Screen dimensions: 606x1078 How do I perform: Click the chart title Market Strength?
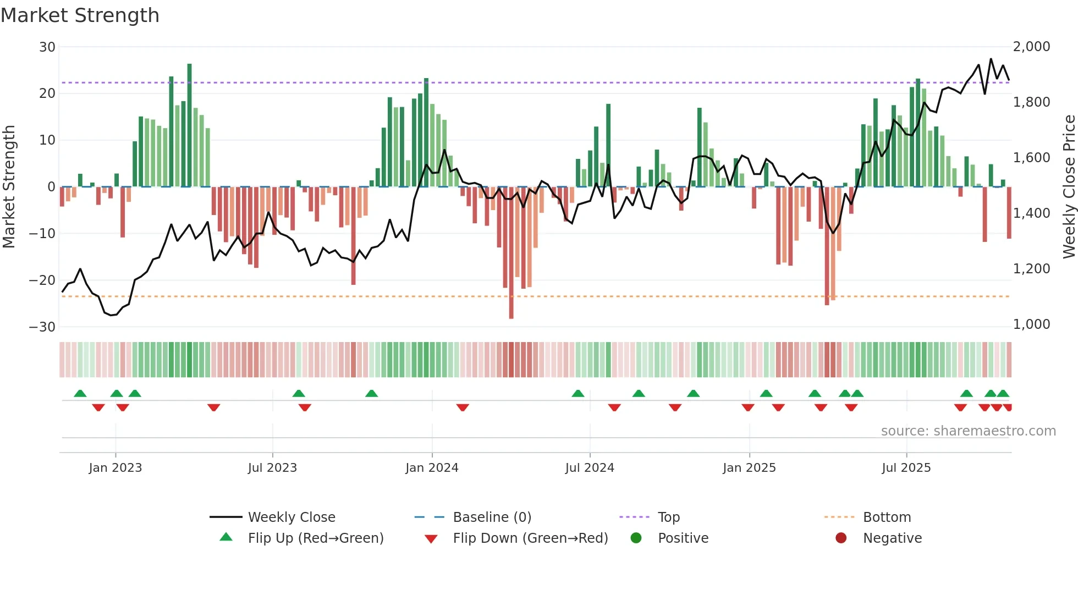point(80,15)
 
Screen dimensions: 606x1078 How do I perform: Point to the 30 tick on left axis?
point(47,47)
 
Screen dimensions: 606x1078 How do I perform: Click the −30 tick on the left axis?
point(42,327)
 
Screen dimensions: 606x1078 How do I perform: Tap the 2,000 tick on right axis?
point(1031,47)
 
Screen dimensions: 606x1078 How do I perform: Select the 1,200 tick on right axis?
point(1031,269)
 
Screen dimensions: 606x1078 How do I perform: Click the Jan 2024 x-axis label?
point(432,468)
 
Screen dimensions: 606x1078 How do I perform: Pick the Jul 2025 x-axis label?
point(906,468)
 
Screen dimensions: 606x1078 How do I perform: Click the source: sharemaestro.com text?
point(968,431)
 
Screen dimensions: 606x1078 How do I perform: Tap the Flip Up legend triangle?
point(226,537)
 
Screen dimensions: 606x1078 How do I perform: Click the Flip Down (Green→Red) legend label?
point(530,538)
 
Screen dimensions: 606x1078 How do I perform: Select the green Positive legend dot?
point(636,538)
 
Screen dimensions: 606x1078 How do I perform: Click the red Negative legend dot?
point(841,538)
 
